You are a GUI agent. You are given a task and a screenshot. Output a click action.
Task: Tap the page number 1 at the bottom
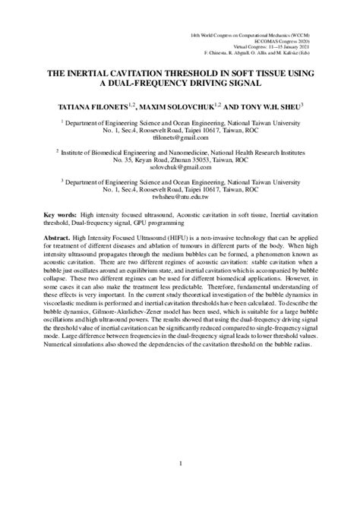[180, 464]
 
